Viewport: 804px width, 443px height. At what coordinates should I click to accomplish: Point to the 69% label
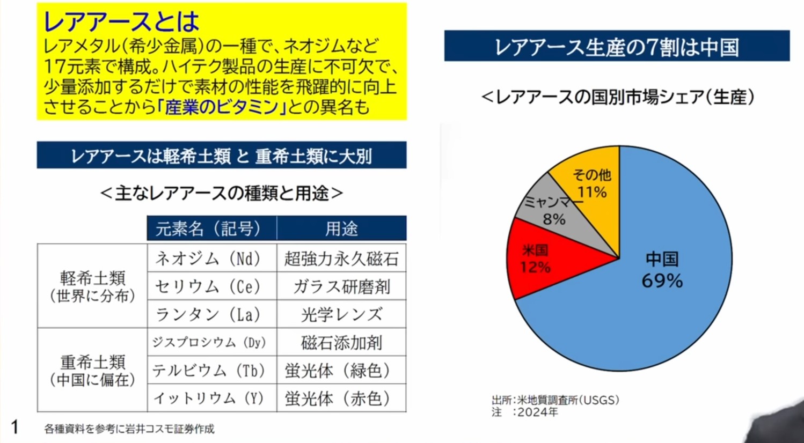tap(662, 280)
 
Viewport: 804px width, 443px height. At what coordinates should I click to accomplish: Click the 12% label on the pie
tap(535, 267)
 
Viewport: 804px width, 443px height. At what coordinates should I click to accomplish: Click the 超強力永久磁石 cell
tap(341, 259)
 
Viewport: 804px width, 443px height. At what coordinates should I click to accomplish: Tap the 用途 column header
tap(341, 229)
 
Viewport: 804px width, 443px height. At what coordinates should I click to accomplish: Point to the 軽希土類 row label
tap(92, 286)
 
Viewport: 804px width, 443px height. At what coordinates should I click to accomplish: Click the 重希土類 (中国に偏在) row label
tap(92, 370)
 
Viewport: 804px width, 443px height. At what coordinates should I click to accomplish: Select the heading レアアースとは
tap(121, 21)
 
